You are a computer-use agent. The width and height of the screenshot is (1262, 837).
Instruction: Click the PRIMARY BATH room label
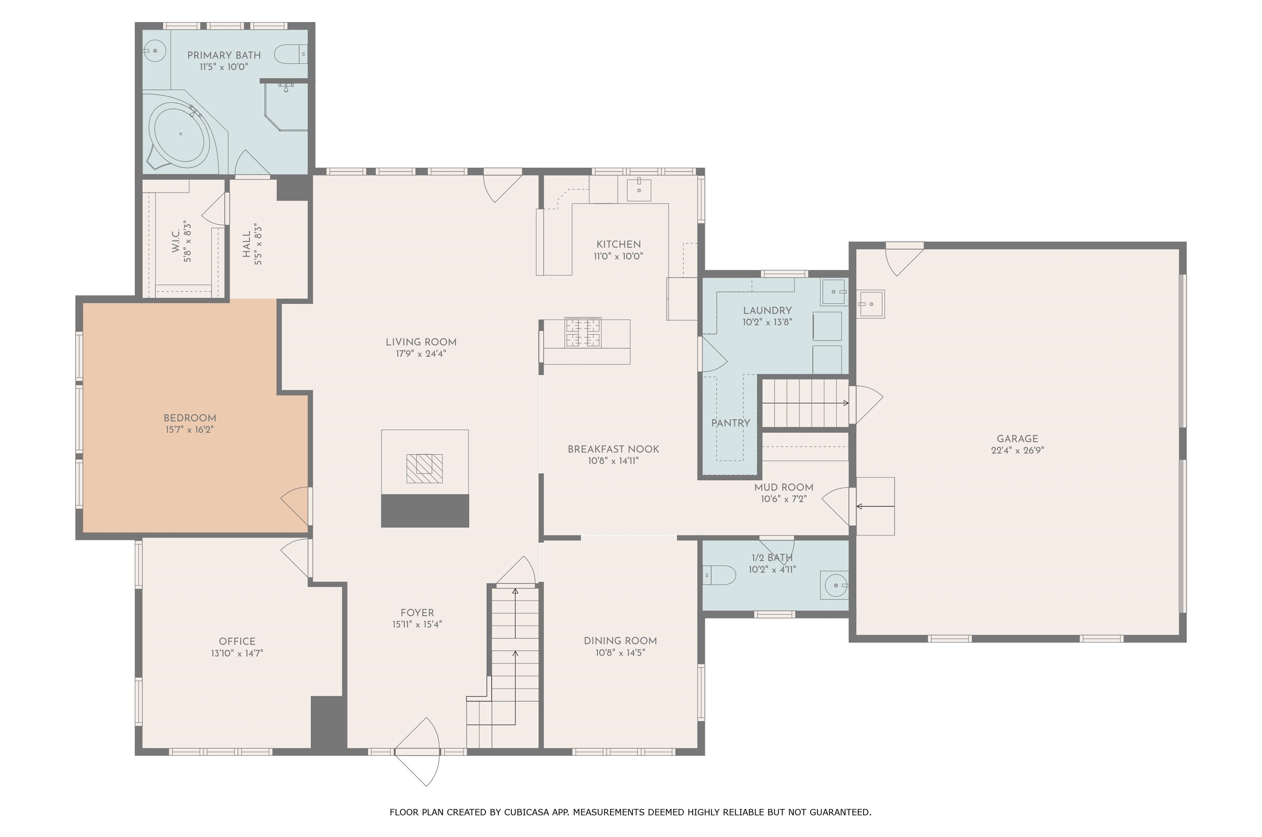[224, 55]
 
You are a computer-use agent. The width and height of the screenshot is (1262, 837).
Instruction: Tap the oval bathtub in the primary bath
[180, 134]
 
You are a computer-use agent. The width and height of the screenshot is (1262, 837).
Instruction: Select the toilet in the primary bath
[290, 54]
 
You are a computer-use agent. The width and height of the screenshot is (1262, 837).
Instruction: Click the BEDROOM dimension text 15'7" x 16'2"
[190, 430]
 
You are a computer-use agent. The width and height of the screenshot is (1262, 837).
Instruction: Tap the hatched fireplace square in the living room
[425, 468]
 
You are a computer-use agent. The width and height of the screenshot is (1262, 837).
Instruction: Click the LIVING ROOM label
[421, 342]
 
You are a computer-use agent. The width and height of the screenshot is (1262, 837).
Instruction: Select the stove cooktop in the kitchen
[583, 333]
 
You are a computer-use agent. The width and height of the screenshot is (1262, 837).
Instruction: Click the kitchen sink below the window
[639, 190]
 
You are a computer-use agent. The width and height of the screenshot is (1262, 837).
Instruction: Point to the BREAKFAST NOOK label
[613, 449]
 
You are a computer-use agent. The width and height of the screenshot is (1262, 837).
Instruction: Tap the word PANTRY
[730, 423]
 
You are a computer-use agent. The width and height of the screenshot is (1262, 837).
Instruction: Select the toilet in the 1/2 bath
[719, 575]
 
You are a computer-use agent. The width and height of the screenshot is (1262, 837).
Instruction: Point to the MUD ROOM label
[783, 487]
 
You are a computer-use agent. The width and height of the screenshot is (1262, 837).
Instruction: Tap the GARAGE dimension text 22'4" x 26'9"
[1018, 450]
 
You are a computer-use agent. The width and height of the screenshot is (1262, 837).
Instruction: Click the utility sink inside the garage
[871, 304]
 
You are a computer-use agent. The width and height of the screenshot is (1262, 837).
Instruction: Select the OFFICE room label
[237, 641]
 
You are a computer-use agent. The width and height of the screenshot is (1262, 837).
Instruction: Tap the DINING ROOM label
[620, 640]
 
